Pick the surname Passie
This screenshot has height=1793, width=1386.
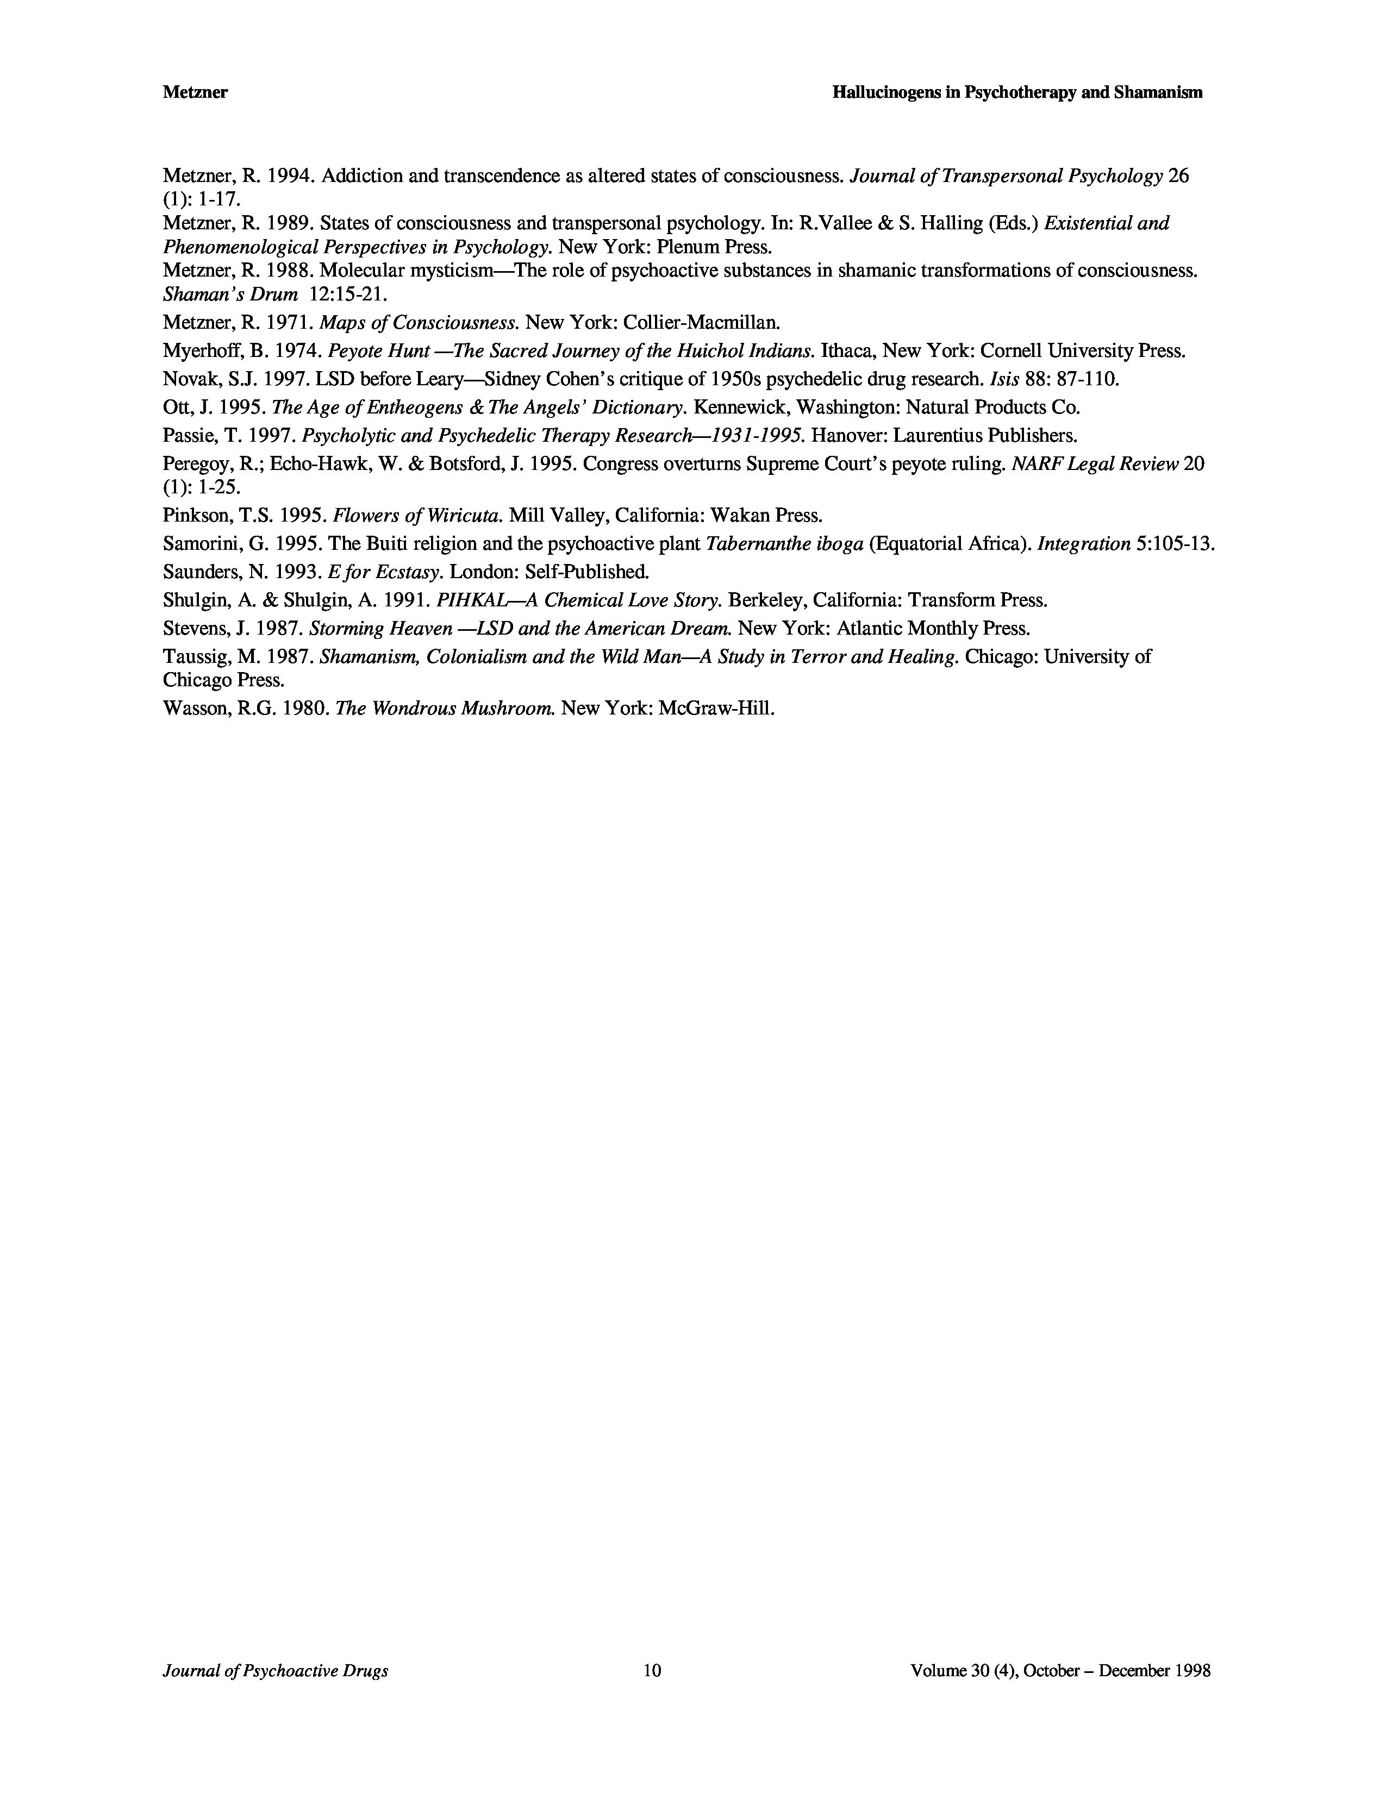click(x=187, y=435)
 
